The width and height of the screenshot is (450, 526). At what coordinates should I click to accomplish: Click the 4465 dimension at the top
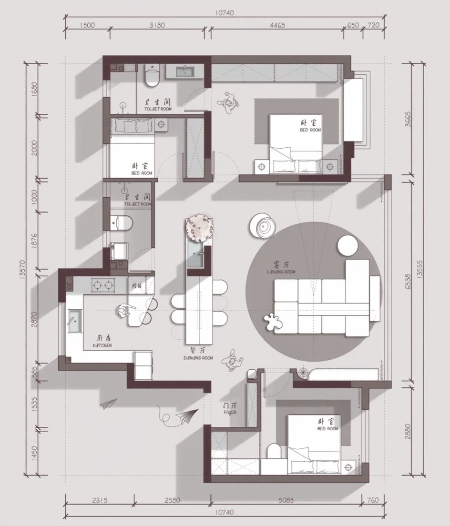coord(276,25)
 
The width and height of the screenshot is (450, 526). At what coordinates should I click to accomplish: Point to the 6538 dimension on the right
coord(409,278)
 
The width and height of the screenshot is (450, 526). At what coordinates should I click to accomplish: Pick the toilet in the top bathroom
coord(152,78)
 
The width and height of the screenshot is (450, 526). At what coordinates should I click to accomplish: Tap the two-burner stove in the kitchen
coord(103,285)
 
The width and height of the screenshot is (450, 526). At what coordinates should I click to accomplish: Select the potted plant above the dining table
coord(199,227)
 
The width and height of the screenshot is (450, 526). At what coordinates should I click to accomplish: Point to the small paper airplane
coord(108,404)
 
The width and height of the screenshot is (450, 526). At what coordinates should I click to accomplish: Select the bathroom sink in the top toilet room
coord(184,72)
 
